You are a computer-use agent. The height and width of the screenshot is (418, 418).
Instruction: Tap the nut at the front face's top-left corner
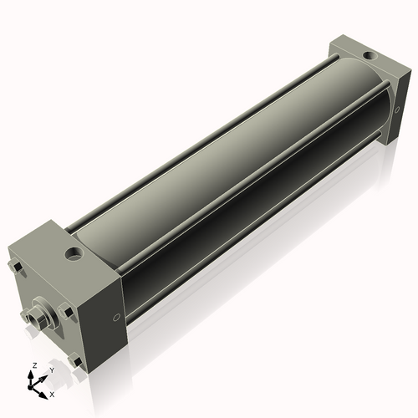point(18,268)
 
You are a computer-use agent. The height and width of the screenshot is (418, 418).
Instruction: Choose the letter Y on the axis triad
point(51,370)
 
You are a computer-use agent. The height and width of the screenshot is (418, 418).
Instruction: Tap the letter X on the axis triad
point(52,393)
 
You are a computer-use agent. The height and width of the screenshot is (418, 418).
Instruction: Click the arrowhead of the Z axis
point(33,374)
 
